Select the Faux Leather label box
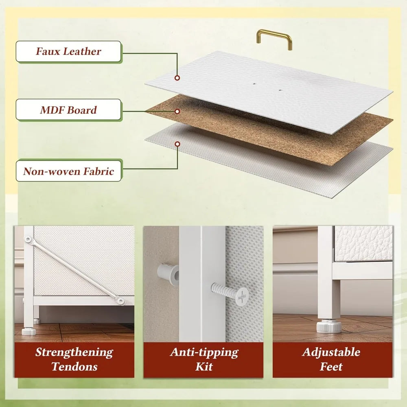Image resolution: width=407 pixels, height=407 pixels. [x=68, y=51]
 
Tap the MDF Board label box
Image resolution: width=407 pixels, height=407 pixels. [x=68, y=109]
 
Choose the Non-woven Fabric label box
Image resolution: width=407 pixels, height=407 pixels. [x=68, y=171]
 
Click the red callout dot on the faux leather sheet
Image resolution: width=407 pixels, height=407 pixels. [x=177, y=78]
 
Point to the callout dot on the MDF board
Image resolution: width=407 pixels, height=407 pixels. [x=177, y=112]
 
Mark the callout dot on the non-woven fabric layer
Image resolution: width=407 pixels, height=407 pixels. [x=177, y=144]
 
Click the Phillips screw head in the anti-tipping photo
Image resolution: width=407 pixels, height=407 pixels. [x=242, y=295]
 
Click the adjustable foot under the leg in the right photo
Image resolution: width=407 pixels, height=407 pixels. [x=328, y=326]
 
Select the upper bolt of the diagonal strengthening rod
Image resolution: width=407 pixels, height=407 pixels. [x=28, y=239]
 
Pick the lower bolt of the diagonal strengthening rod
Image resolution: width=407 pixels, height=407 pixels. [x=120, y=301]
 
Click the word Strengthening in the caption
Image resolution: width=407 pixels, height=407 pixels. [x=74, y=352]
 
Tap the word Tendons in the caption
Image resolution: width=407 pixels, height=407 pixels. [x=74, y=367]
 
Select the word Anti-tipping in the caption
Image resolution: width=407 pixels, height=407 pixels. [x=204, y=352]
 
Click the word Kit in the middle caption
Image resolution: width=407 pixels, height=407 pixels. [x=204, y=367]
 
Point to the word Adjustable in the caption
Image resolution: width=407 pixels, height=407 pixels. [x=331, y=352]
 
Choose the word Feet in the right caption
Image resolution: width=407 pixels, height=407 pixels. [x=331, y=367]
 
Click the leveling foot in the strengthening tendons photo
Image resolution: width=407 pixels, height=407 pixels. [x=28, y=331]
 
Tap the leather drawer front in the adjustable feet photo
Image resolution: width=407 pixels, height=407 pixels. [x=363, y=243]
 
